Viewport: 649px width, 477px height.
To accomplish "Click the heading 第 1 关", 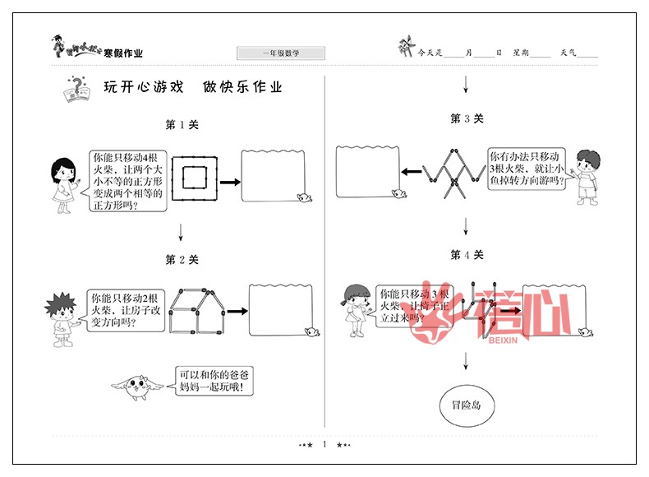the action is click(x=182, y=125).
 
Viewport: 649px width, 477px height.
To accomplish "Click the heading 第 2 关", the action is click(x=182, y=260).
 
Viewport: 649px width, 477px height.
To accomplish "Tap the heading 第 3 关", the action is click(x=467, y=118).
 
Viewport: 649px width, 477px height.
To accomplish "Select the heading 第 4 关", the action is click(x=467, y=255).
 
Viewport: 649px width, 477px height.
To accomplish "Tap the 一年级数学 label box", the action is click(x=281, y=53).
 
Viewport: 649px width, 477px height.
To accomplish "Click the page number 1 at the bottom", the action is click(x=325, y=445).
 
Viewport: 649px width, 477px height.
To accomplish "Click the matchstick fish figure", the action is click(x=452, y=173).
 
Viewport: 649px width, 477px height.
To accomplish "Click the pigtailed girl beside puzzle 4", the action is click(x=357, y=308).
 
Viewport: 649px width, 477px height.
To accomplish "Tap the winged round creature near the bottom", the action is click(x=140, y=385).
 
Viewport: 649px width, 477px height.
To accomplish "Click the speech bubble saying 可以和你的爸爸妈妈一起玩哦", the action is click(x=211, y=380).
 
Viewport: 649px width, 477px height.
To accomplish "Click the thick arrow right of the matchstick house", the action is click(x=237, y=312).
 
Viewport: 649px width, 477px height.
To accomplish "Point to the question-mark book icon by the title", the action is click(x=75, y=89).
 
